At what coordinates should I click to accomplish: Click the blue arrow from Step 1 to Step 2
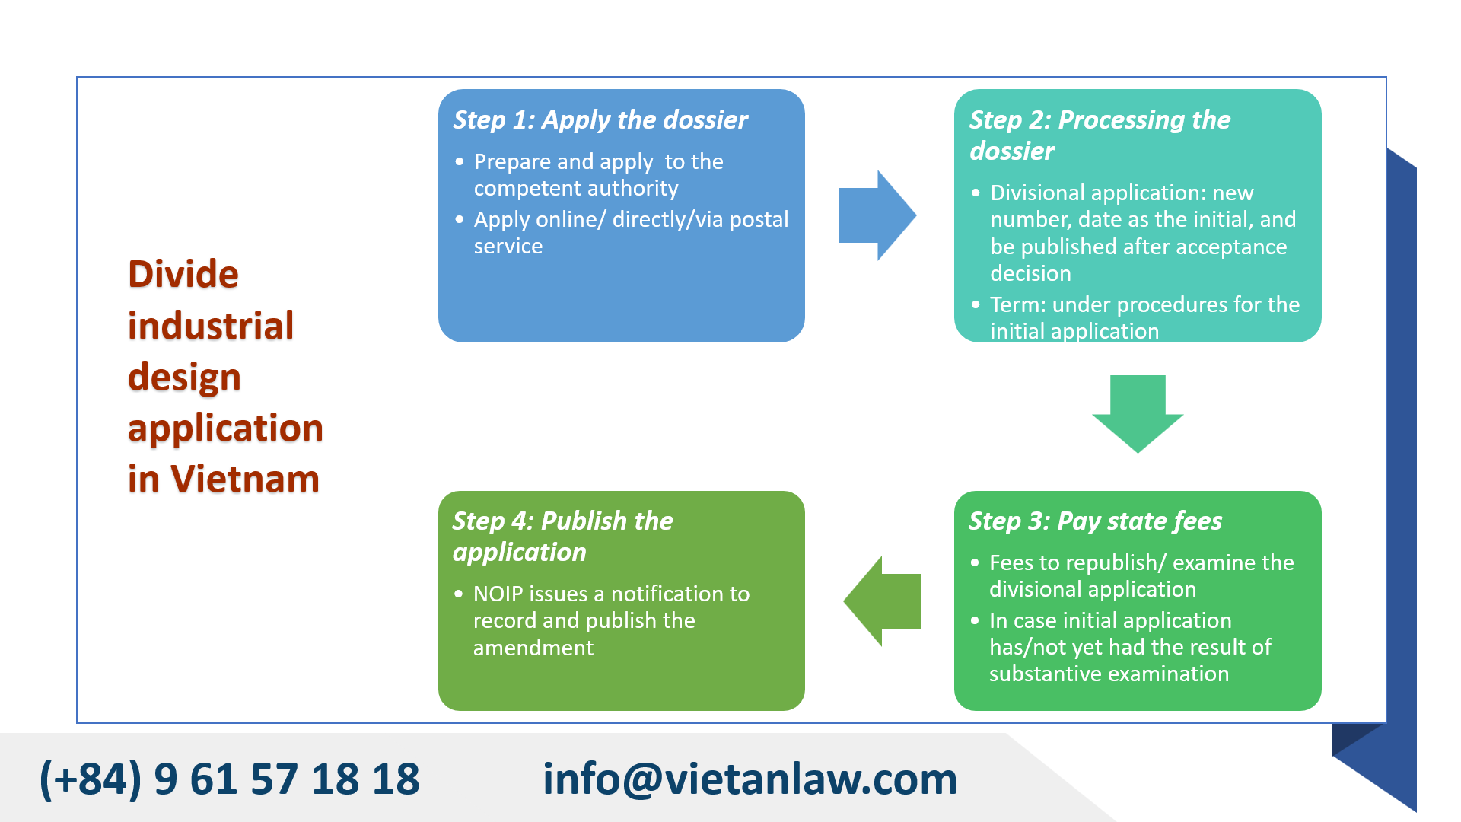[875, 215]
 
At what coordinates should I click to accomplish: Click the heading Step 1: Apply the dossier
[600, 120]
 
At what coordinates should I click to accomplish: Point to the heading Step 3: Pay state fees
[1095, 521]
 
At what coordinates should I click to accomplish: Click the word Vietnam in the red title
[244, 479]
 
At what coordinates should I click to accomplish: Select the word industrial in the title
[211, 326]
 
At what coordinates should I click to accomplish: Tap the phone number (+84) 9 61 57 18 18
[229, 779]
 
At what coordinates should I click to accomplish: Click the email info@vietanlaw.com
[750, 779]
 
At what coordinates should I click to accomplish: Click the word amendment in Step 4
[533, 648]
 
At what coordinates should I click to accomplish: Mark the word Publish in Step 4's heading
[584, 521]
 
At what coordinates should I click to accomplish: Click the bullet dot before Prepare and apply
[459, 162]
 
